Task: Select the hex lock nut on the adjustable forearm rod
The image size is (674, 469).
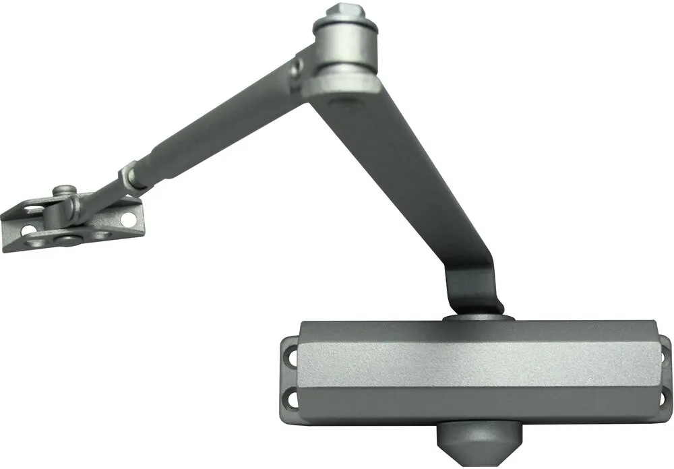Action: click(x=129, y=176)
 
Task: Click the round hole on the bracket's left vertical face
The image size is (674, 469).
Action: click(x=28, y=231)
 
